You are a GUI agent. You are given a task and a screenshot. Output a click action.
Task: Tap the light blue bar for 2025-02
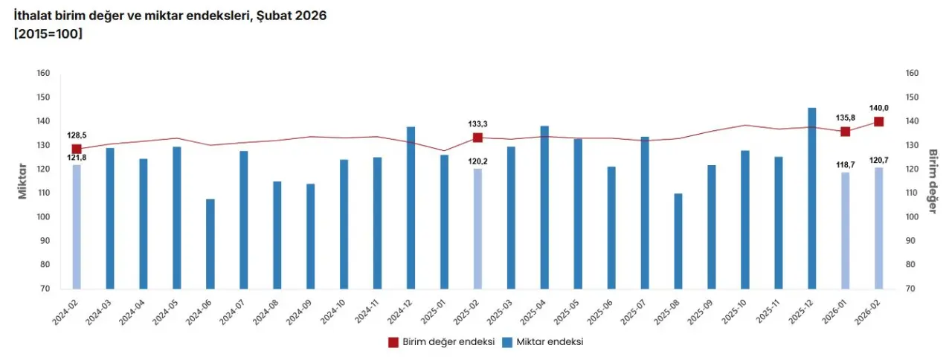point(477,228)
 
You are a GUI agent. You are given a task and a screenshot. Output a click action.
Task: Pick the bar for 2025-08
point(678,241)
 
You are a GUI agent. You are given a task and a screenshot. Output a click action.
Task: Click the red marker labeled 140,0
point(878,122)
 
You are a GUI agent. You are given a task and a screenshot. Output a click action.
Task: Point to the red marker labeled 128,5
point(77,150)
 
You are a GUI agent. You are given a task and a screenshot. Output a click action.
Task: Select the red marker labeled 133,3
point(477,138)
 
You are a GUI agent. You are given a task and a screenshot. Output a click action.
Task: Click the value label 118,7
point(845,163)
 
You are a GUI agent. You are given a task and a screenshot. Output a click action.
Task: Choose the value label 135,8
point(845,118)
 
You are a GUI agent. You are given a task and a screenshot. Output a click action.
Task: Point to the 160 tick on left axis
point(42,73)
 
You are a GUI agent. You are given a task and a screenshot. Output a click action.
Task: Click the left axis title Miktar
point(23,181)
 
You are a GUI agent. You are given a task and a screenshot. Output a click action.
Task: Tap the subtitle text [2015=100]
point(48,33)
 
